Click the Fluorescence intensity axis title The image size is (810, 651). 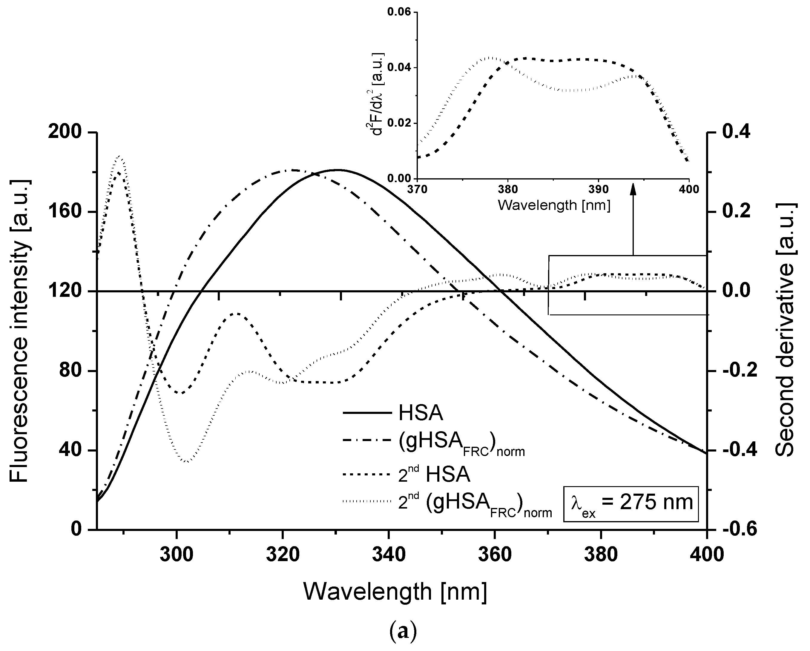[x=19, y=331]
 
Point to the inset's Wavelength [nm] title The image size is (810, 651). [x=554, y=205]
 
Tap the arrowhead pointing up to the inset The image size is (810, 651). [x=633, y=189]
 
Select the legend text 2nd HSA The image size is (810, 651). [x=434, y=475]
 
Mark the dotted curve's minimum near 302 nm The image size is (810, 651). [x=187, y=461]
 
